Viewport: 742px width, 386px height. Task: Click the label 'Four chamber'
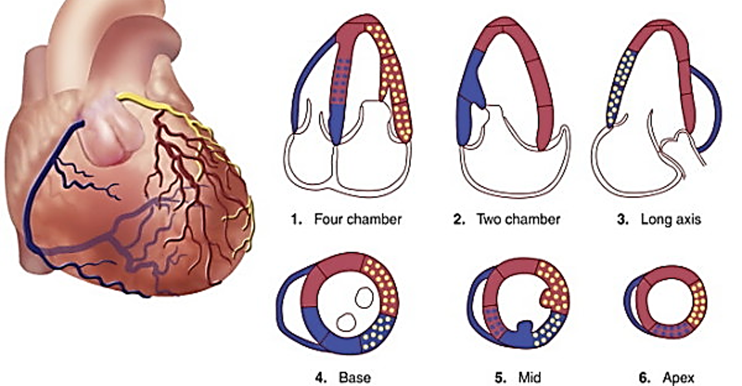coord(358,220)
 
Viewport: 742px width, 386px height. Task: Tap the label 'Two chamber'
coord(518,220)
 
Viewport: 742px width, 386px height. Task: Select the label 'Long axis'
coord(671,220)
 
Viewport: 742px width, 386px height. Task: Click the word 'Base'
coord(354,378)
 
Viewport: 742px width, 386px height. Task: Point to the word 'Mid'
coord(529,378)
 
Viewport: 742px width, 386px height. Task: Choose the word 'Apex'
coord(678,378)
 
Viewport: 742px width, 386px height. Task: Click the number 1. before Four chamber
coord(297,220)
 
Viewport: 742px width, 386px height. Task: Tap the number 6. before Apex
coord(645,378)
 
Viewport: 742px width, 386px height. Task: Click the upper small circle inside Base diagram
coord(364,298)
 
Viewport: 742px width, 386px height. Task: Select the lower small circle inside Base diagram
coord(347,323)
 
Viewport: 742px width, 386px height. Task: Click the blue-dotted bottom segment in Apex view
coord(671,330)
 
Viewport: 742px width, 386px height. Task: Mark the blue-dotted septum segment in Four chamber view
coord(341,80)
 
